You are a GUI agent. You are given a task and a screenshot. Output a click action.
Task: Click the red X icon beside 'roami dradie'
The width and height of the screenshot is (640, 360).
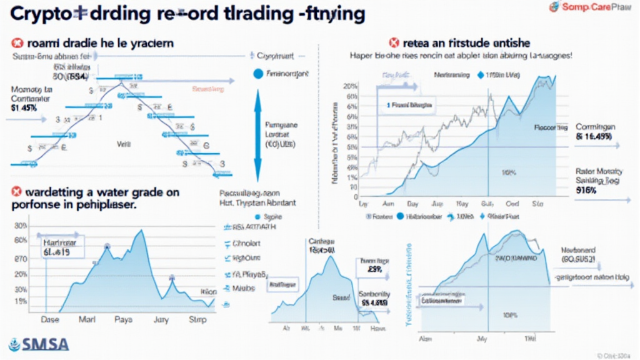coord(17,43)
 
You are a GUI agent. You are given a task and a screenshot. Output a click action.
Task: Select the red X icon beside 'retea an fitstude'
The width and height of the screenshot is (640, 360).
coord(394,43)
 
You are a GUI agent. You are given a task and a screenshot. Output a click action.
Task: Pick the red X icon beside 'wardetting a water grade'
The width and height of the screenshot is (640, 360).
coord(17,191)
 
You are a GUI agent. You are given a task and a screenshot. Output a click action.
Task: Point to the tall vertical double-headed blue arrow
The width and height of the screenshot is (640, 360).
coord(257,134)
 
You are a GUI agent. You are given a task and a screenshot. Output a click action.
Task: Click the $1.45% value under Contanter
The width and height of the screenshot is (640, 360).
coord(25,107)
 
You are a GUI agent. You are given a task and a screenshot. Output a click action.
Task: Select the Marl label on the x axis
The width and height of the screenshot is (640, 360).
coord(86,319)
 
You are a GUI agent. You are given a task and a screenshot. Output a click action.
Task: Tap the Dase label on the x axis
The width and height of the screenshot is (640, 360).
coord(49,319)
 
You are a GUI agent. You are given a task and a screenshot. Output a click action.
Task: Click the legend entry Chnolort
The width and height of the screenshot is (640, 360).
coord(246,243)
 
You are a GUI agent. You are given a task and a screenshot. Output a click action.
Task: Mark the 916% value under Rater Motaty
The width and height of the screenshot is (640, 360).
coord(585,190)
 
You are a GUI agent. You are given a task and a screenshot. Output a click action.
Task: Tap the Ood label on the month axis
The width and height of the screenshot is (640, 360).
coord(512,204)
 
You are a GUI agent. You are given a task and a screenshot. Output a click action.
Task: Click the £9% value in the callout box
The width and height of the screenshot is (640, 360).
coord(374,270)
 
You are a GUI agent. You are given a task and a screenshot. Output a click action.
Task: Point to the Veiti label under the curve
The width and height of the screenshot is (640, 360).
coord(122,143)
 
